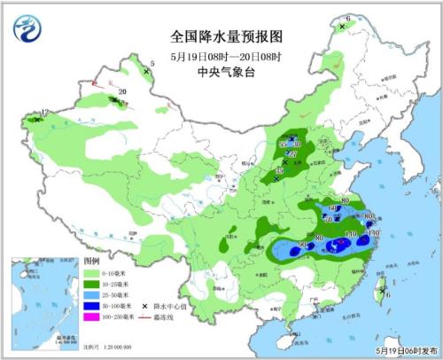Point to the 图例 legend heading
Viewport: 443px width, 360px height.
92,263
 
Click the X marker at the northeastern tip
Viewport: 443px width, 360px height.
341,27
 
